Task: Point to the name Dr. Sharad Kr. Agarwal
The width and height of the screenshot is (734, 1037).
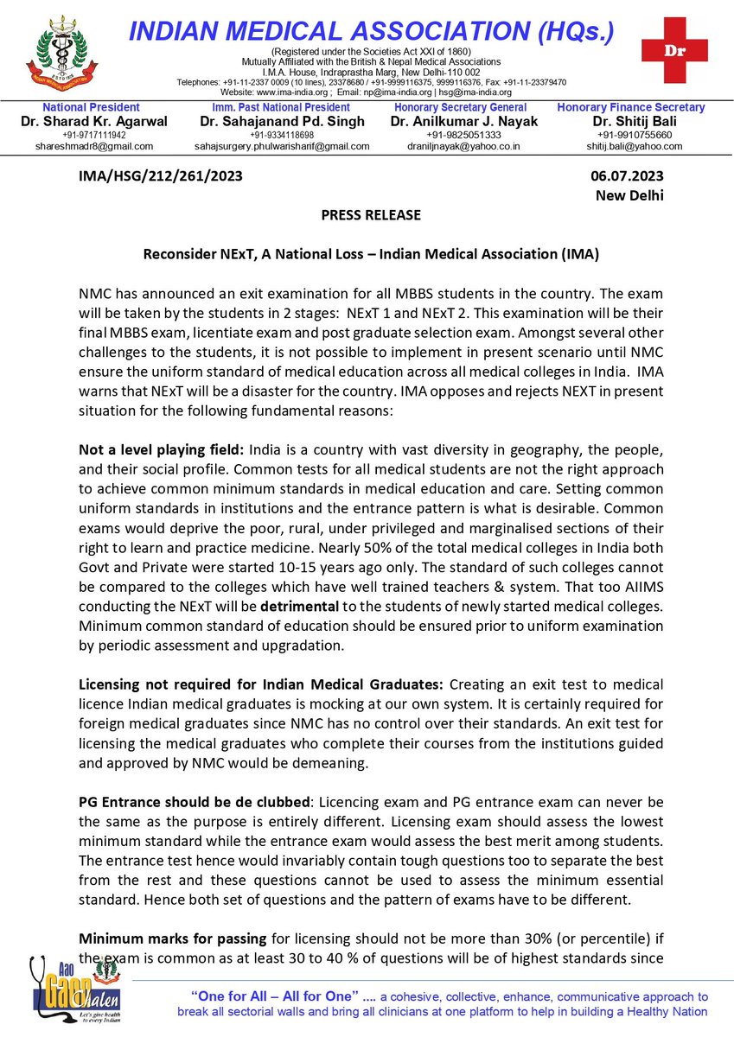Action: pyautogui.click(x=94, y=122)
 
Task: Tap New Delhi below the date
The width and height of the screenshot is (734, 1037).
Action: pyautogui.click(x=629, y=195)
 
